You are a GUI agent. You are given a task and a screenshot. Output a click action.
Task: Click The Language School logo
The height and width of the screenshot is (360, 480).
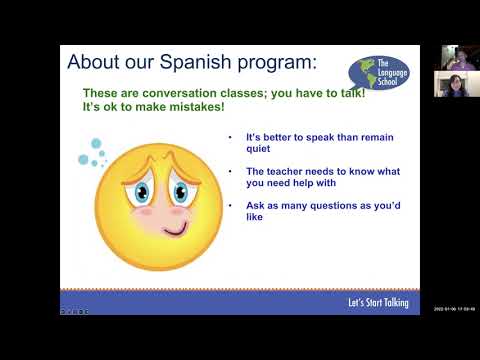(x=379, y=74)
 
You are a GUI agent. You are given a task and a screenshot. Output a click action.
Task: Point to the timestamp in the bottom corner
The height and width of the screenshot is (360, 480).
(x=454, y=308)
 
